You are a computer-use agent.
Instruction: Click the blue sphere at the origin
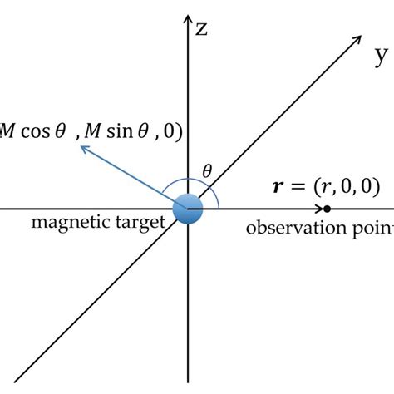click(x=189, y=209)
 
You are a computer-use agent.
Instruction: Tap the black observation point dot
click(x=328, y=208)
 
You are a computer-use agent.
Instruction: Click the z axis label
click(x=200, y=30)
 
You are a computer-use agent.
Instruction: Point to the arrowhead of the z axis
click(x=189, y=18)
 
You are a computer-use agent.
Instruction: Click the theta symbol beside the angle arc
click(x=208, y=171)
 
